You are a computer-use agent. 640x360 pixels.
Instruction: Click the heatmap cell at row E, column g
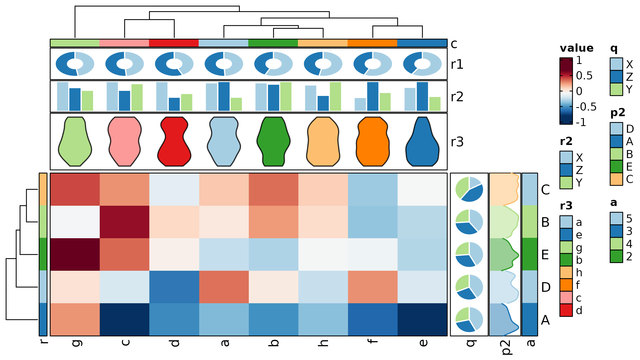(x=75, y=254)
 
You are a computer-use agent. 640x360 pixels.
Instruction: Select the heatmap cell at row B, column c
(x=125, y=222)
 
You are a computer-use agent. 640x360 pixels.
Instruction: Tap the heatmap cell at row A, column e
(x=422, y=319)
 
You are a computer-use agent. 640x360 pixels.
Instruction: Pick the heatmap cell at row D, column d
(x=174, y=287)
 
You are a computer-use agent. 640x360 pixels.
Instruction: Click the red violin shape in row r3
(x=174, y=141)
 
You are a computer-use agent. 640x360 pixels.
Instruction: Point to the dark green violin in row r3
(x=274, y=141)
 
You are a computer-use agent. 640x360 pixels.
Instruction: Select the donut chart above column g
(x=75, y=64)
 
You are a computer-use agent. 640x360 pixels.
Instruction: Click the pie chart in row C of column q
(x=469, y=189)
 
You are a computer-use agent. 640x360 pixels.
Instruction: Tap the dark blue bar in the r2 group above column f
(x=373, y=96)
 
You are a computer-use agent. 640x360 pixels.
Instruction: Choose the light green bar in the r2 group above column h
(x=335, y=96)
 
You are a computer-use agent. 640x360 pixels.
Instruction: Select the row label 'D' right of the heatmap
(x=546, y=287)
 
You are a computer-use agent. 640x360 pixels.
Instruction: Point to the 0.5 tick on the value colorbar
(x=566, y=76)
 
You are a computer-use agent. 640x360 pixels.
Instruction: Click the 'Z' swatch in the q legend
(x=616, y=77)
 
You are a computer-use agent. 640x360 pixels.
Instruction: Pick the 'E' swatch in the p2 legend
(x=616, y=167)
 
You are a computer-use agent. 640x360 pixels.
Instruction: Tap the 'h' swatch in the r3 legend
(x=566, y=272)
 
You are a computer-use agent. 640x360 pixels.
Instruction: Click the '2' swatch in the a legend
(x=616, y=256)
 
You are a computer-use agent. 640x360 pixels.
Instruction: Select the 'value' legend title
(x=577, y=48)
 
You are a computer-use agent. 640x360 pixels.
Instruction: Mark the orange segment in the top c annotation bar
(x=373, y=43)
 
